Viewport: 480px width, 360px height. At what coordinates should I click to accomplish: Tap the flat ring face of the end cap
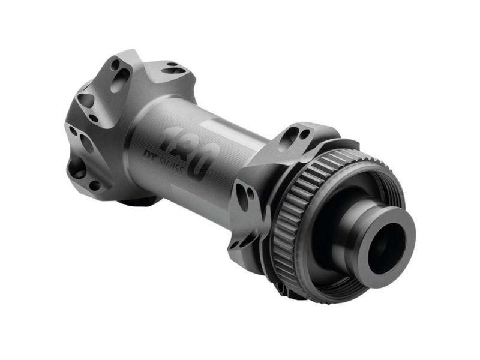click(x=397, y=226)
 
